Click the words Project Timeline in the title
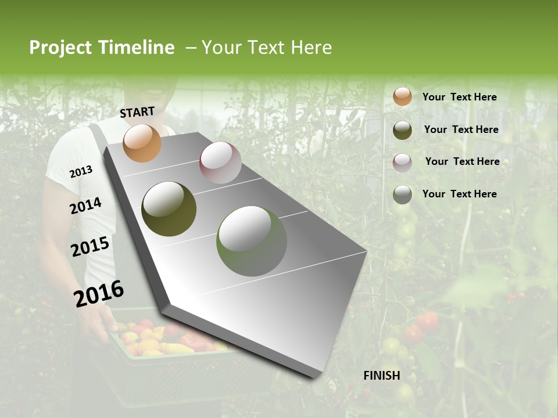click(102, 48)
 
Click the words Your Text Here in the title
click(267, 48)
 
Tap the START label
click(137, 112)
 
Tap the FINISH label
click(382, 376)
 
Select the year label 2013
click(81, 172)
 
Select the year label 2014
click(85, 206)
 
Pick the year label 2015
click(90, 247)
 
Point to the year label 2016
click(99, 293)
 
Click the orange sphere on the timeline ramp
click(142, 143)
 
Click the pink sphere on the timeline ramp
click(220, 163)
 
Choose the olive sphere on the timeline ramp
click(169, 209)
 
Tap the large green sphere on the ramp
click(252, 241)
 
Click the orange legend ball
click(402, 96)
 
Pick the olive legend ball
click(402, 130)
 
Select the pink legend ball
click(402, 163)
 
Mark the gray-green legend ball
click(402, 194)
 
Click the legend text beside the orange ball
click(459, 97)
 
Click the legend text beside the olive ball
click(461, 129)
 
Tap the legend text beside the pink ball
click(462, 161)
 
